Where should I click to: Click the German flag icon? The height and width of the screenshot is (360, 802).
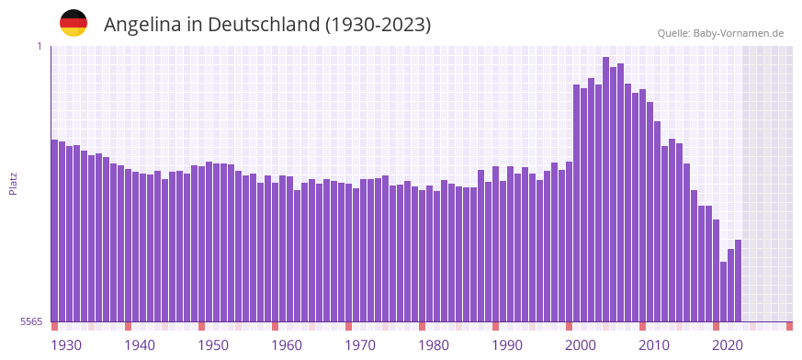coord(73,24)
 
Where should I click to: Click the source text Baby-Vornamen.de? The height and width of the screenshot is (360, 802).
coord(720,33)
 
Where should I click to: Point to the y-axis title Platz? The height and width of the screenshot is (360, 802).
coord(13,183)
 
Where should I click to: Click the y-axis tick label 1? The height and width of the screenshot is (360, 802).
coord(40,46)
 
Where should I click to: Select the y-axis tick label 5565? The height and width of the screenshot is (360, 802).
coord(31,321)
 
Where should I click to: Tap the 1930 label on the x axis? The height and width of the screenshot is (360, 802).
coord(66,345)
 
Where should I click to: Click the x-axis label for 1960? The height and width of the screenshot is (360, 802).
coord(287,345)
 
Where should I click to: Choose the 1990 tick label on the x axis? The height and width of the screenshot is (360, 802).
coord(507,345)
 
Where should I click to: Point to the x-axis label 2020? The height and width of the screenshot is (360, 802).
coord(728,345)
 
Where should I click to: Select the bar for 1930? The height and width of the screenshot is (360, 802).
coord(55,231)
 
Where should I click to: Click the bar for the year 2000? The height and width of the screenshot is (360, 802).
coord(577,203)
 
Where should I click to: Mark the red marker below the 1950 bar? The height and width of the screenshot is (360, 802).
coord(202,326)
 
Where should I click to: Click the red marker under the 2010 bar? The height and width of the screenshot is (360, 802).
coord(643,326)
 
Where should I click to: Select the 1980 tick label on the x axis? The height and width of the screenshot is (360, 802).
coord(434,345)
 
